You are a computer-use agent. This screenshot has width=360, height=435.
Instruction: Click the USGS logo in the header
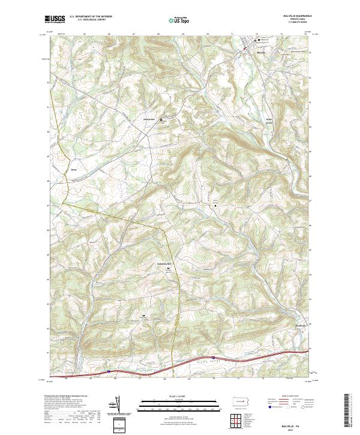click(55, 19)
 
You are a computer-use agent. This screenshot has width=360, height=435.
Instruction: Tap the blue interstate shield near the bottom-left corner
click(109, 371)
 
